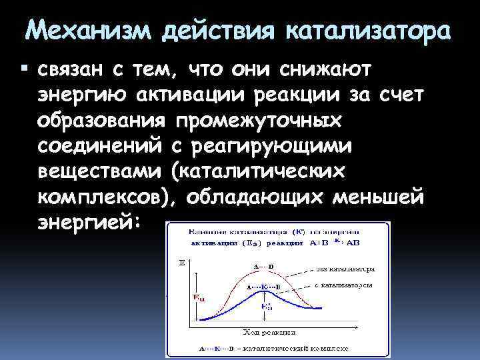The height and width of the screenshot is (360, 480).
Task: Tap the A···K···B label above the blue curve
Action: (265, 286)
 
